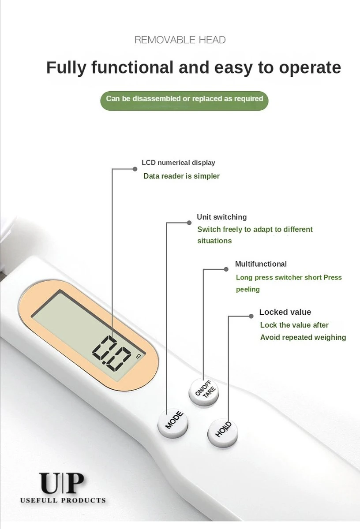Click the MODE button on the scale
click(x=173, y=423)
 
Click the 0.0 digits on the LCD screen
click(x=112, y=353)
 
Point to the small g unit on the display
click(x=139, y=356)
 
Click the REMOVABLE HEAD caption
click(x=180, y=40)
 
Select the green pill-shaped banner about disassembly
click(x=184, y=101)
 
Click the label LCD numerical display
click(x=178, y=163)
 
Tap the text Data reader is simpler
click(x=181, y=176)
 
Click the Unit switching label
click(x=221, y=217)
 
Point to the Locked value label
click(x=285, y=312)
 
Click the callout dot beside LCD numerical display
click(x=135, y=169)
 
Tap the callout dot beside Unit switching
click(x=189, y=223)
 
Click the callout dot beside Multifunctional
click(x=226, y=269)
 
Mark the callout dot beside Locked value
click(x=251, y=316)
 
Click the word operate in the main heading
click(x=310, y=68)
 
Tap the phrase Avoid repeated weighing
click(x=303, y=337)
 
